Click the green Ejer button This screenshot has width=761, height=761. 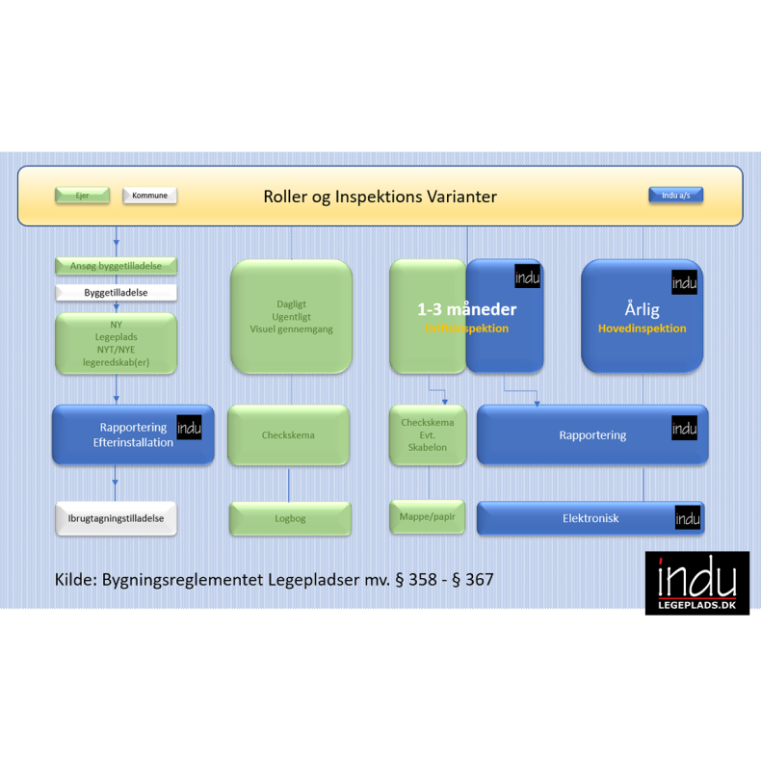[82, 196]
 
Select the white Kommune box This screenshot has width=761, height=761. [149, 196]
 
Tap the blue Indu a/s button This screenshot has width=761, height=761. [675, 196]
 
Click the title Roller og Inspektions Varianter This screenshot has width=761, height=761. [380, 197]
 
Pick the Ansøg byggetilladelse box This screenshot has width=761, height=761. [116, 265]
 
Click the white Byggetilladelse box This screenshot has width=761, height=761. [116, 292]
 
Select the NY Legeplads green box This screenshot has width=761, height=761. [116, 344]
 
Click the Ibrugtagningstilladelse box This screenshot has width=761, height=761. [116, 518]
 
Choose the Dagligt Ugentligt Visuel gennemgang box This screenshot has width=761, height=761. [291, 317]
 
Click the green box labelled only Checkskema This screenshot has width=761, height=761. [288, 435]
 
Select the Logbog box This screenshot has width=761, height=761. [290, 518]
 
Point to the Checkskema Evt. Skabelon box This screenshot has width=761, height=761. [427, 434]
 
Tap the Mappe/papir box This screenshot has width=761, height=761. [427, 516]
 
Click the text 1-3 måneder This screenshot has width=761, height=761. [466, 309]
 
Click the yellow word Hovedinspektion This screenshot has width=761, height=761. [642, 328]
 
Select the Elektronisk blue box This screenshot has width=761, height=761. [590, 518]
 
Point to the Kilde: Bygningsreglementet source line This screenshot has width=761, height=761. [274, 580]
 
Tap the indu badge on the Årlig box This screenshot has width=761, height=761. [684, 282]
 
